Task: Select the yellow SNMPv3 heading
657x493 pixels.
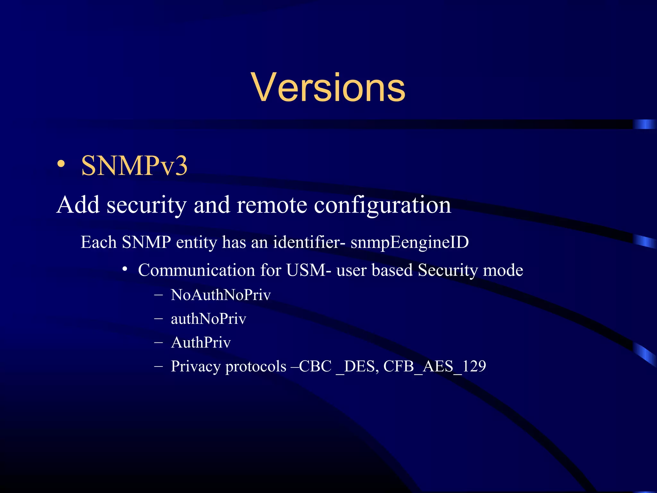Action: coord(134,166)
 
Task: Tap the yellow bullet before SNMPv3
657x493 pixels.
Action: coord(61,164)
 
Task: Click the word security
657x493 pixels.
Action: coord(147,205)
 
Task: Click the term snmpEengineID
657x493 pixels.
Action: coord(410,243)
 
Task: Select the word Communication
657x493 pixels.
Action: coord(196,270)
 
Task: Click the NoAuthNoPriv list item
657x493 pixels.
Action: coord(221,295)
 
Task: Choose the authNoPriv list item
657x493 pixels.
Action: coord(209,319)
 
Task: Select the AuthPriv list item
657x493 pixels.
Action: coord(201,342)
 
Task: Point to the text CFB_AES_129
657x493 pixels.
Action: coord(435,366)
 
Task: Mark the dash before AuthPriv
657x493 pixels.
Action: coord(158,342)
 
